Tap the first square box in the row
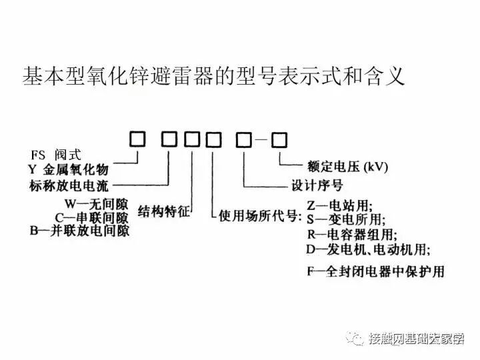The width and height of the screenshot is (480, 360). click(x=137, y=140)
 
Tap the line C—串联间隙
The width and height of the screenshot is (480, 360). click(x=91, y=217)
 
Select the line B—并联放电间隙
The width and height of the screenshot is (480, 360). click(x=79, y=231)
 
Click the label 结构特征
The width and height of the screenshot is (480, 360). click(x=165, y=213)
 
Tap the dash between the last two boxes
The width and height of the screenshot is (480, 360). click(x=262, y=140)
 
